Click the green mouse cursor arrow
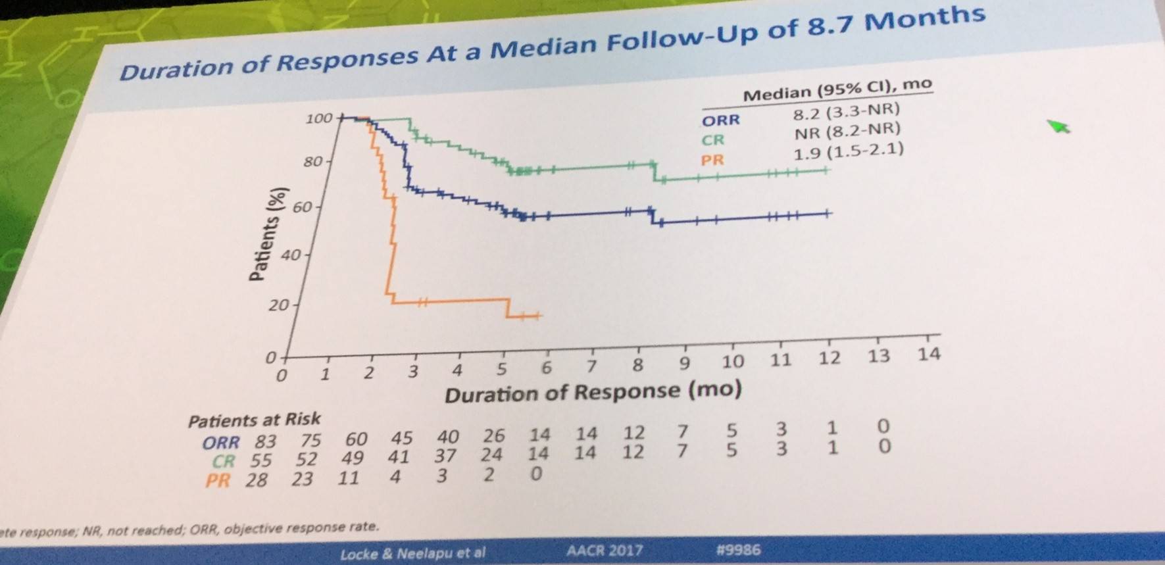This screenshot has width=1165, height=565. click(x=1058, y=126)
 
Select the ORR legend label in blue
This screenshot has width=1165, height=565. click(x=720, y=120)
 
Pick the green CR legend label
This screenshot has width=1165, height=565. click(x=712, y=140)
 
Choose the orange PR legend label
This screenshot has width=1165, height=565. click(x=712, y=160)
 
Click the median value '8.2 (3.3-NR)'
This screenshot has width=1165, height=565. click(x=846, y=112)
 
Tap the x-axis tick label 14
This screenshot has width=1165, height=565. click(x=929, y=355)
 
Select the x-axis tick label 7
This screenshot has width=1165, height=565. click(x=591, y=366)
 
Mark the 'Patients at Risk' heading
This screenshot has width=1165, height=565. click(x=254, y=420)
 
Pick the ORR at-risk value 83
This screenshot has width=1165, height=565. click(x=266, y=441)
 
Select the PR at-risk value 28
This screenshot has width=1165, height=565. click(x=256, y=480)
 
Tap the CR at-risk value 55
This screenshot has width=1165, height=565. click(x=260, y=460)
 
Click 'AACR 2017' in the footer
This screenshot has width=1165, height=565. click(x=604, y=550)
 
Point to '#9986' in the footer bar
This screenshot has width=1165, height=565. click(x=738, y=549)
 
